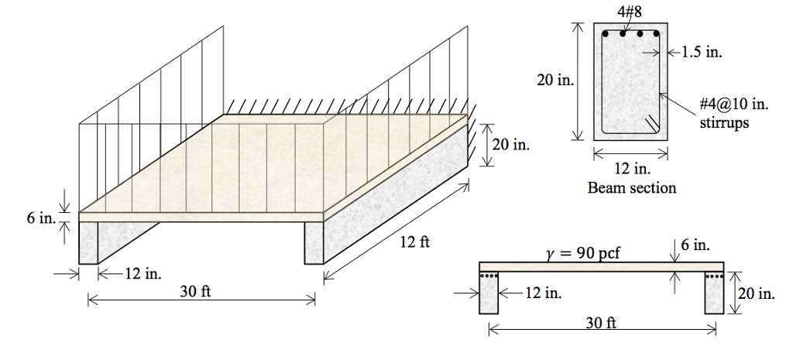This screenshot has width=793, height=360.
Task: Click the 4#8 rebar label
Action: (x=630, y=12)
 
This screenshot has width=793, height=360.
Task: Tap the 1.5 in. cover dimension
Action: (x=702, y=53)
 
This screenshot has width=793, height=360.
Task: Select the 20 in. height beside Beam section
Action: (x=555, y=81)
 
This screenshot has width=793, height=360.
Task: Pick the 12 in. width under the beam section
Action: (x=631, y=170)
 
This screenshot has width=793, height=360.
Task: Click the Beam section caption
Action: (x=631, y=187)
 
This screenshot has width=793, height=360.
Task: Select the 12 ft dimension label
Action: (x=414, y=242)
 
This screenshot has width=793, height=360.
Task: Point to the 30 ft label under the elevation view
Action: (x=601, y=323)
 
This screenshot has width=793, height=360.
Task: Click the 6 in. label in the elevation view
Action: (x=695, y=245)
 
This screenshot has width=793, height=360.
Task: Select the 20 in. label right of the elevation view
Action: (x=755, y=293)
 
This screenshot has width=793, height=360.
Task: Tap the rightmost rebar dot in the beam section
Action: (x=655, y=34)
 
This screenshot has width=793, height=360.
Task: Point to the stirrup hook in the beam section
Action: (x=652, y=122)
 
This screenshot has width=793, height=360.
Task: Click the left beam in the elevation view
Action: (x=489, y=293)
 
